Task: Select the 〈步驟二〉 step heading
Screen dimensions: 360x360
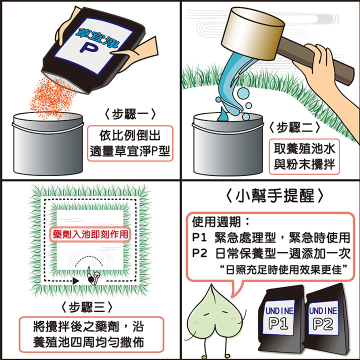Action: coord(294,127)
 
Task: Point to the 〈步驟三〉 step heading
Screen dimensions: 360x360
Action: coord(87,307)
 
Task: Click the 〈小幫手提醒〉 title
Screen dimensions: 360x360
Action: coord(274,196)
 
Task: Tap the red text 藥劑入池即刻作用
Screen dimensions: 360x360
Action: coord(90,234)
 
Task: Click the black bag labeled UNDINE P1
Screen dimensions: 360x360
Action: coord(280,319)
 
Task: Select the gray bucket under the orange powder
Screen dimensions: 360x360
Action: coord(48,143)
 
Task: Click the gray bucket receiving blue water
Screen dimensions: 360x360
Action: coord(228,144)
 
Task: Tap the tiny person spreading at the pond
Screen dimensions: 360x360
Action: coord(93,276)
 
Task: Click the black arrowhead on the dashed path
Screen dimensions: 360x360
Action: coord(76,280)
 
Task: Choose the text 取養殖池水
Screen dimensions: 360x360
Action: coord(304,148)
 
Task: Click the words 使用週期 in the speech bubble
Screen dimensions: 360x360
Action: coord(216,222)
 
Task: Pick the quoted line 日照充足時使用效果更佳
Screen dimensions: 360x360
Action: coord(283,270)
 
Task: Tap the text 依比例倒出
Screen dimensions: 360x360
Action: coord(130,135)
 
